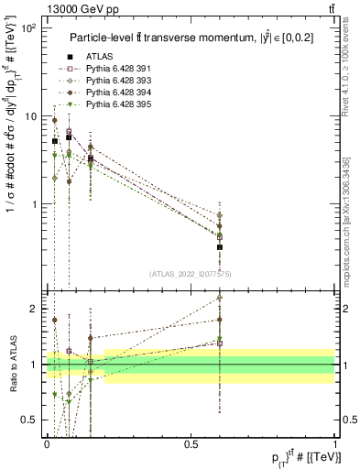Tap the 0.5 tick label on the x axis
coord(191,444)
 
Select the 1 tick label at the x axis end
coord(334,444)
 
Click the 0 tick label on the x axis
coord(48,444)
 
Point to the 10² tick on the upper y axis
coord(30,28)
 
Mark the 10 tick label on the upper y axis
coord(30,116)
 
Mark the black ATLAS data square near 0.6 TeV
coord(220,247)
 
